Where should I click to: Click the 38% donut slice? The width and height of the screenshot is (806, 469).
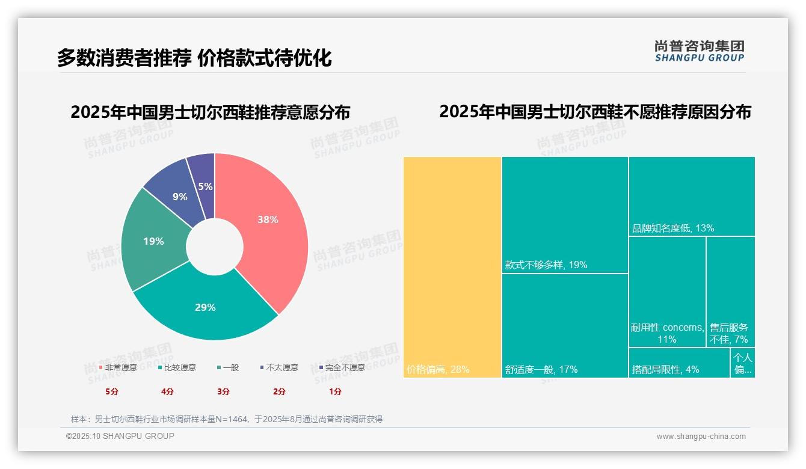268,220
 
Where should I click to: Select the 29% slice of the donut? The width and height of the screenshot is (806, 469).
205,307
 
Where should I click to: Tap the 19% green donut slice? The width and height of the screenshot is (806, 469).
153,241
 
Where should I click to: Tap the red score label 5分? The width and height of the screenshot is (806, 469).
112,391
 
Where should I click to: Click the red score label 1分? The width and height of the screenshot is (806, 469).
335,391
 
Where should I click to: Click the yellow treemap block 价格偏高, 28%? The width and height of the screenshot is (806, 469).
452,267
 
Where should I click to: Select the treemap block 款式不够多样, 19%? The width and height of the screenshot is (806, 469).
565,215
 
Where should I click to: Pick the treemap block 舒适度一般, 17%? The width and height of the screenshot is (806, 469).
565,325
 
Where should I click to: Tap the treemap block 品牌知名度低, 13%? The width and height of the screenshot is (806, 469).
691,196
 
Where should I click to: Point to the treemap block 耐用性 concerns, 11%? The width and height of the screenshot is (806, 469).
667,292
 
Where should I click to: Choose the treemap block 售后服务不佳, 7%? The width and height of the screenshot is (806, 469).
730,292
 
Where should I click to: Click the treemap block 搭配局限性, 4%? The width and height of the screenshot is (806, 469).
679,363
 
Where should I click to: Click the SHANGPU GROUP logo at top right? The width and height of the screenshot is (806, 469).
699,51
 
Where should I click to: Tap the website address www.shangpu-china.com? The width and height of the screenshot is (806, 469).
701,437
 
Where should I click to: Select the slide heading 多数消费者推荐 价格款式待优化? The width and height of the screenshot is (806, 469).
194,58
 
